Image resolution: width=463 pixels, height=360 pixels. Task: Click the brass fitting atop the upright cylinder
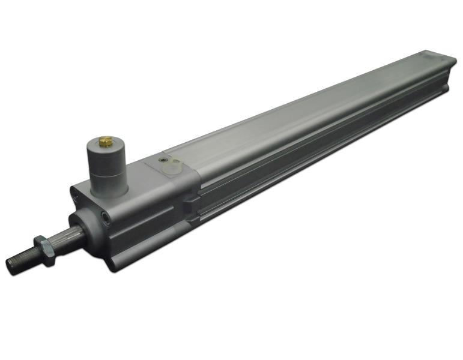pos(105,142)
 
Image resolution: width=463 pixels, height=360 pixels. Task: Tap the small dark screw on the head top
pos(162,160)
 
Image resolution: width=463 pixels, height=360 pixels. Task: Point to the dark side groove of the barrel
pos(312,156)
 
